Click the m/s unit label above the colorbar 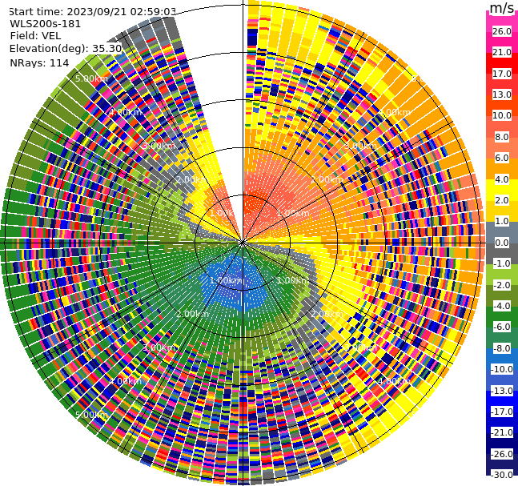click(502, 9)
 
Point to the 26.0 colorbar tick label click(502, 31)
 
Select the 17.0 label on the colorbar click(502, 74)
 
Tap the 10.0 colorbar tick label click(502, 115)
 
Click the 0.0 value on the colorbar click(502, 243)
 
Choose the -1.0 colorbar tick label click(502, 263)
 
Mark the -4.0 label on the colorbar click(502, 306)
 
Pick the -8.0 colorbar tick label click(502, 348)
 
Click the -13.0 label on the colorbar click(502, 391)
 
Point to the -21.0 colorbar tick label click(502, 432)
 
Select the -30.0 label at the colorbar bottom click(502, 475)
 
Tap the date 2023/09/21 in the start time click(99, 11)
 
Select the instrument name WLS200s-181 click(45, 24)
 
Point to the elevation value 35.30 click(106, 49)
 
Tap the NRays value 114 click(59, 62)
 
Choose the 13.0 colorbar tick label click(502, 94)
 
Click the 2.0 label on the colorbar click(502, 200)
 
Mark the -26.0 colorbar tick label click(502, 454)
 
